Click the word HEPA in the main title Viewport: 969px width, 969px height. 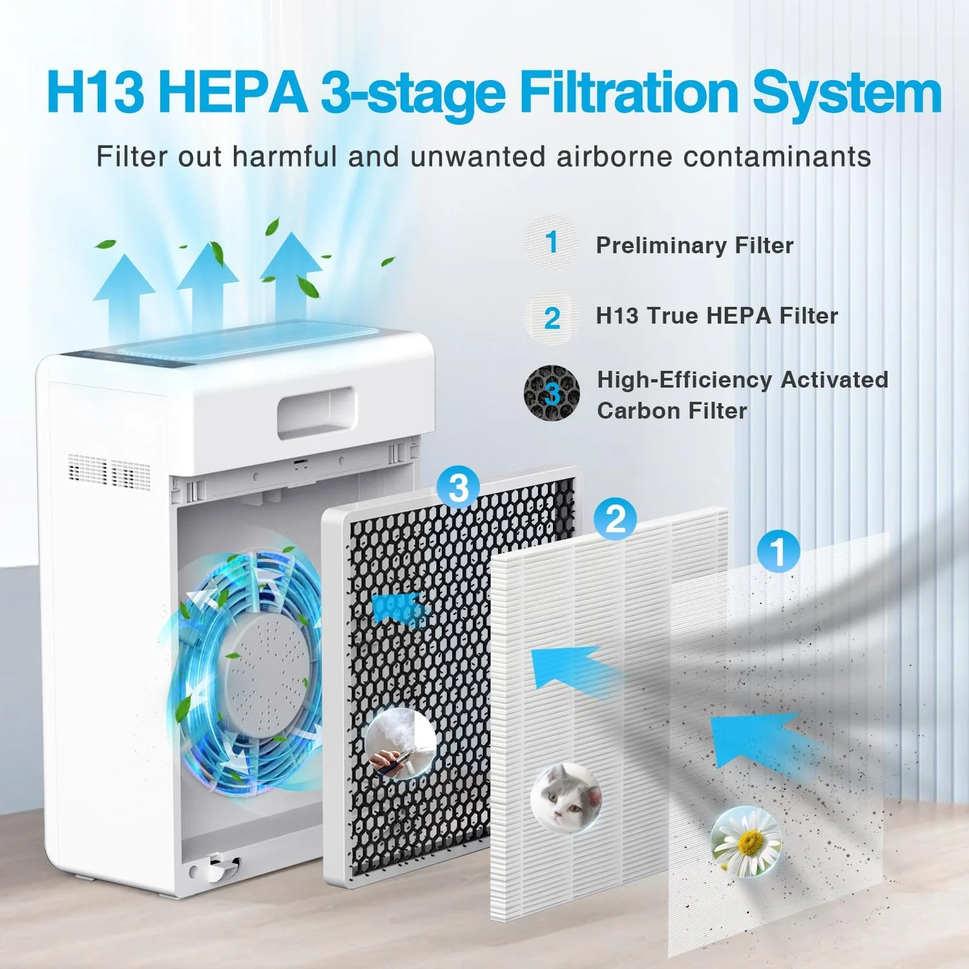coord(233,92)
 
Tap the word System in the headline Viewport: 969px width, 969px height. coord(846,92)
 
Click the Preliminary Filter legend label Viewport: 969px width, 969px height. coord(694,245)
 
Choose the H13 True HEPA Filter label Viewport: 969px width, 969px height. coord(716,316)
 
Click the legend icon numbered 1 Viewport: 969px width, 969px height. coord(551,243)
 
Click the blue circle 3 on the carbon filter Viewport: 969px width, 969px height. coord(458,488)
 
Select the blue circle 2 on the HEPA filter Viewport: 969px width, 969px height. coord(616,518)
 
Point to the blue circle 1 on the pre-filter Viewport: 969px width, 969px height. coord(778,551)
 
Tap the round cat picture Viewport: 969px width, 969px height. coord(566,797)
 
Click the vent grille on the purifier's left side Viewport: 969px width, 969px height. coord(109,472)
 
